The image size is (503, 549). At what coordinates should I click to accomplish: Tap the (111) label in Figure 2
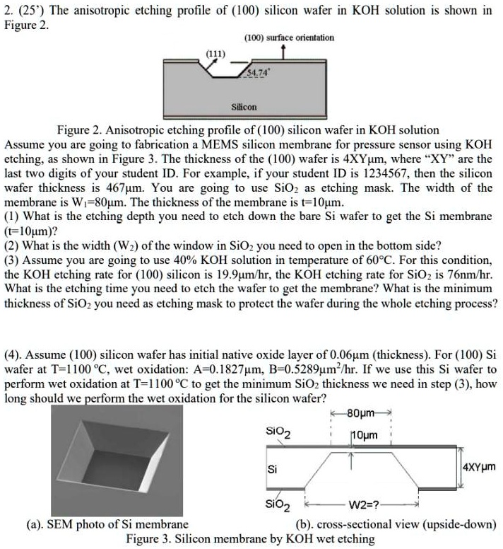pos(215,54)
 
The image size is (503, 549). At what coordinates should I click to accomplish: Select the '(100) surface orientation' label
pos(289,37)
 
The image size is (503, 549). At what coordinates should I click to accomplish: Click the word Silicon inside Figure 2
pos(244,107)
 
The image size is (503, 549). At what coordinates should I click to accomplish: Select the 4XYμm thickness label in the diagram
pos(480,467)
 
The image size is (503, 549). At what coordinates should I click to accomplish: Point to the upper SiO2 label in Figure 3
pos(278,432)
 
